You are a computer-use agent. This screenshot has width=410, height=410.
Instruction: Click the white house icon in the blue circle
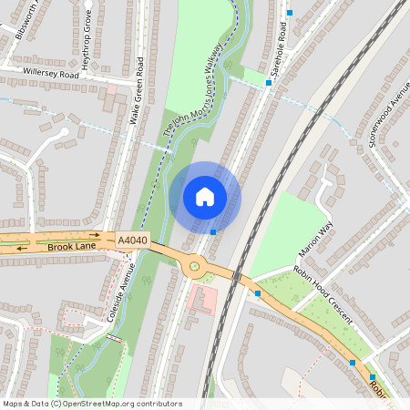point(205,196)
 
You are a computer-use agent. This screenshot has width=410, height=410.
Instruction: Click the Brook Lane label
point(71,247)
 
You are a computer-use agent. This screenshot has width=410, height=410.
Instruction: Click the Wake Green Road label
point(138,91)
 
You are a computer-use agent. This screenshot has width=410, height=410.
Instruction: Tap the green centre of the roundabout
point(193,267)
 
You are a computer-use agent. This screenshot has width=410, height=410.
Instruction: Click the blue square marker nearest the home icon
point(213,231)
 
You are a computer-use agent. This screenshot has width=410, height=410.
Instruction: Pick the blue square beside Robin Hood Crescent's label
point(258,293)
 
